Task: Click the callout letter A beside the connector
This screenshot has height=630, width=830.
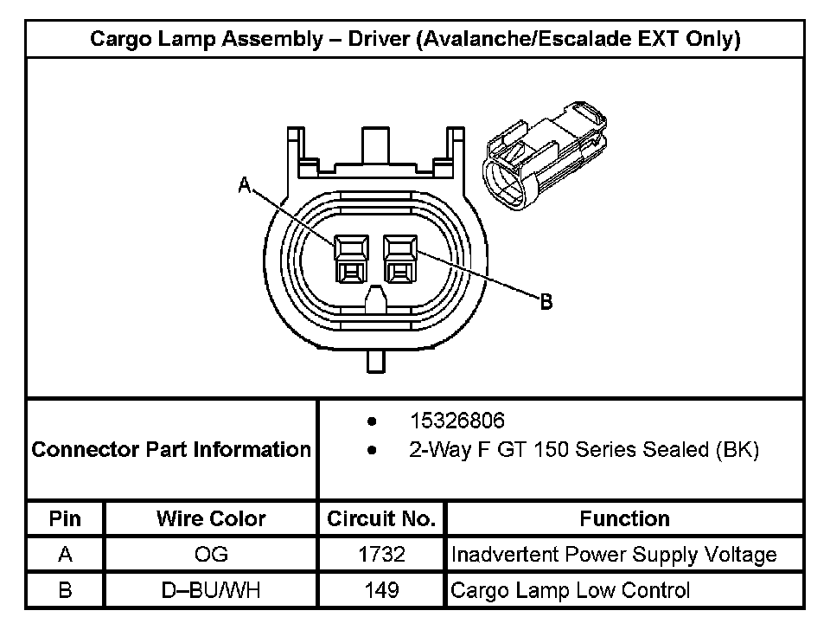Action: (244, 185)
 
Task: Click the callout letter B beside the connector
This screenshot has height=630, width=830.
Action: (546, 302)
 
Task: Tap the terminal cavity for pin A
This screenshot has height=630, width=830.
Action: (351, 259)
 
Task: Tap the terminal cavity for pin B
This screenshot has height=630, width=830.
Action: (400, 259)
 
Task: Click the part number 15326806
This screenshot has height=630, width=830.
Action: (457, 421)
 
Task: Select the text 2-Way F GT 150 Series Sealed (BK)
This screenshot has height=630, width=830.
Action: (584, 449)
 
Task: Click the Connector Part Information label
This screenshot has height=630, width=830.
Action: (171, 449)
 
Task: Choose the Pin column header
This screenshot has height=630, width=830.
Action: (65, 518)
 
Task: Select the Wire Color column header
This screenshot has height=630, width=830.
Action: (211, 518)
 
